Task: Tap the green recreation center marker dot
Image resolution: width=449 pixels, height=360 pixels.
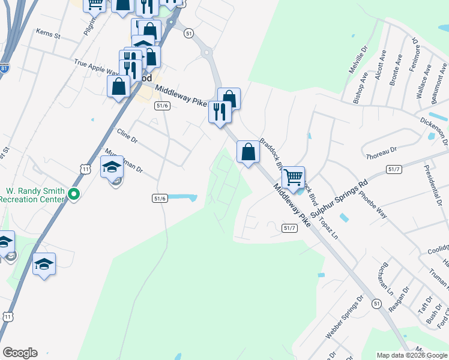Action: pyautogui.click(x=73, y=194)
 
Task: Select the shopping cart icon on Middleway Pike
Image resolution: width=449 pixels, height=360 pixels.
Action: pyautogui.click(x=293, y=177)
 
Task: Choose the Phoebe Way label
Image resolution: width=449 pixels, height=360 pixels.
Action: pyautogui.click(x=373, y=205)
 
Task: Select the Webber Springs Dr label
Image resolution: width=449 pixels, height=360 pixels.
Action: pyautogui.click(x=345, y=314)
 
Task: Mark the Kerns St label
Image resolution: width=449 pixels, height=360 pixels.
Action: pyautogui.click(x=49, y=34)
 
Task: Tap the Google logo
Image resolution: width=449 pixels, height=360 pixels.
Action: pyautogui.click(x=20, y=353)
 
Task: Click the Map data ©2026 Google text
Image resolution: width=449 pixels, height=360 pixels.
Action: pyautogui.click(x=412, y=355)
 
